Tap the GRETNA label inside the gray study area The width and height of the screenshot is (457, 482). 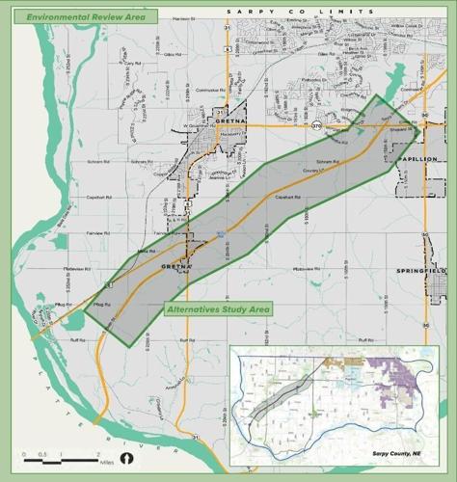177,265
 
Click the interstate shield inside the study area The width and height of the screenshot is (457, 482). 221,233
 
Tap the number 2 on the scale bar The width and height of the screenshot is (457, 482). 97,452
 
